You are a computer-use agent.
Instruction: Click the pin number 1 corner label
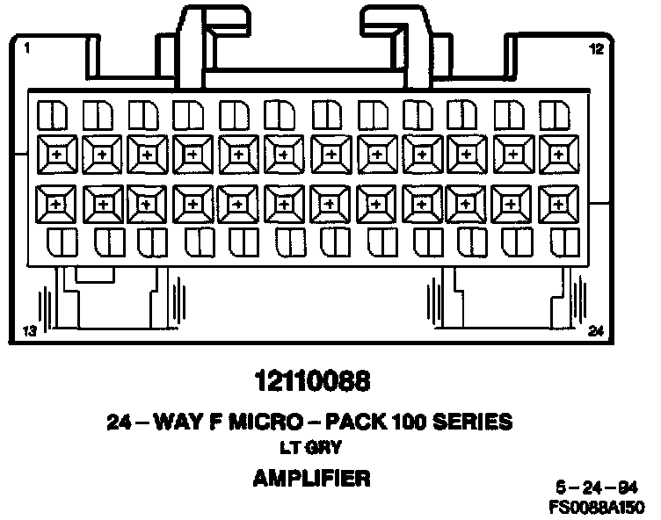click(29, 49)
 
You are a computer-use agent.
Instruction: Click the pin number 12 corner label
click(597, 49)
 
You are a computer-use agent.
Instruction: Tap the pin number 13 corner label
click(30, 331)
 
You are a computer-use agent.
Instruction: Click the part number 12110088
click(311, 383)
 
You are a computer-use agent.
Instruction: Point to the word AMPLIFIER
click(311, 478)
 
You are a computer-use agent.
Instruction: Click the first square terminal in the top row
click(56, 154)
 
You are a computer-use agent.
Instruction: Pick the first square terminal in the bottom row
click(56, 204)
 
